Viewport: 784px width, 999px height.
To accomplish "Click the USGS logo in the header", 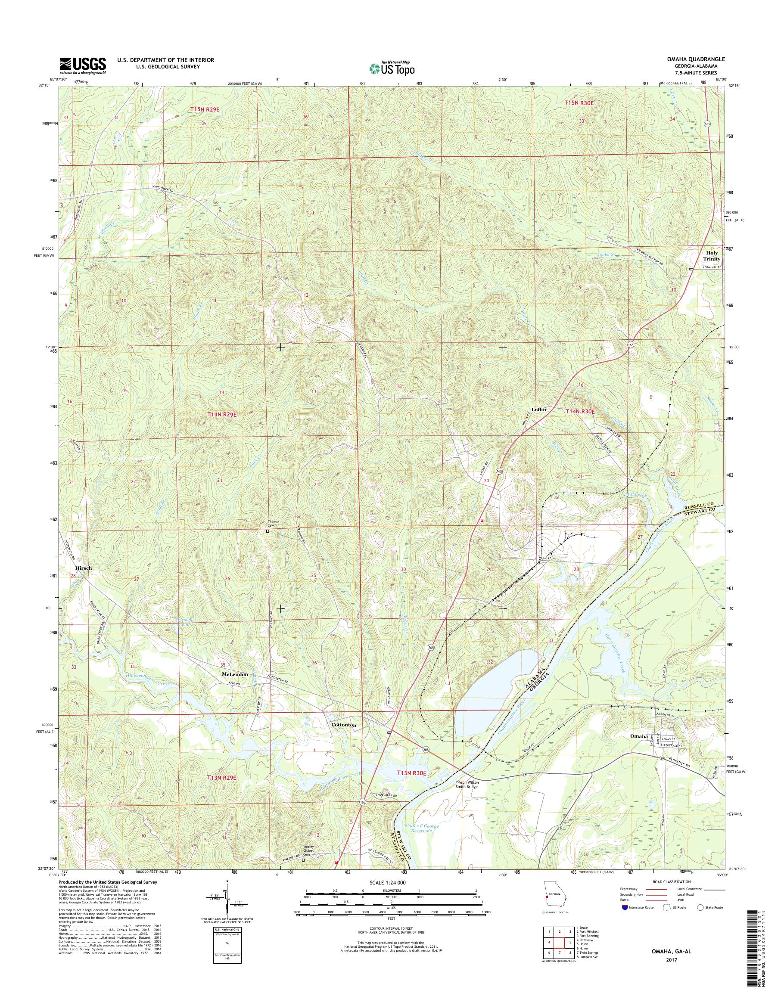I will [83, 65].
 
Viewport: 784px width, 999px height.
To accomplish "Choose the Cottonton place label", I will [344, 725].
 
